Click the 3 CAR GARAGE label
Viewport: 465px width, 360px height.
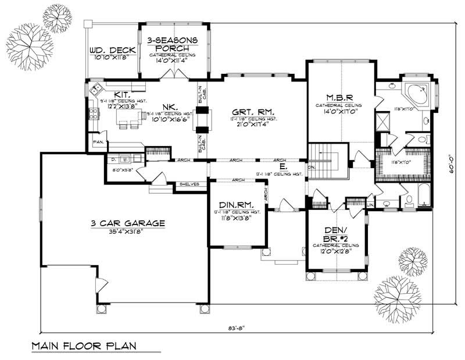128,223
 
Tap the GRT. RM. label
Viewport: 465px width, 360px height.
252,111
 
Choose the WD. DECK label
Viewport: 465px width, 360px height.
112,51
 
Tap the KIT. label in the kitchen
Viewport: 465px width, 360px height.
121,94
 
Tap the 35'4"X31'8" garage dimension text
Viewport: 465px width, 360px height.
128,231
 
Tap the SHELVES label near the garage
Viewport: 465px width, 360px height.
189,184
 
